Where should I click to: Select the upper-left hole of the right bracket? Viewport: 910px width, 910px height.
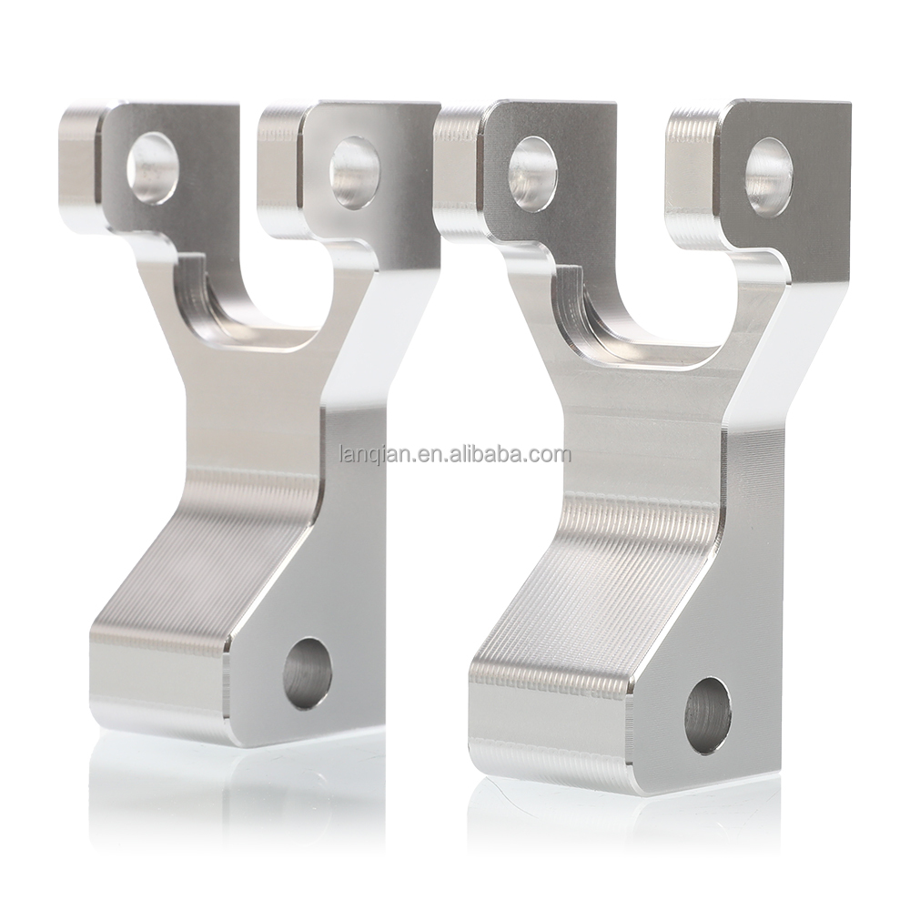click(532, 169)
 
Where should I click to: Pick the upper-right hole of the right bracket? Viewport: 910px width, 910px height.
click(770, 177)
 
